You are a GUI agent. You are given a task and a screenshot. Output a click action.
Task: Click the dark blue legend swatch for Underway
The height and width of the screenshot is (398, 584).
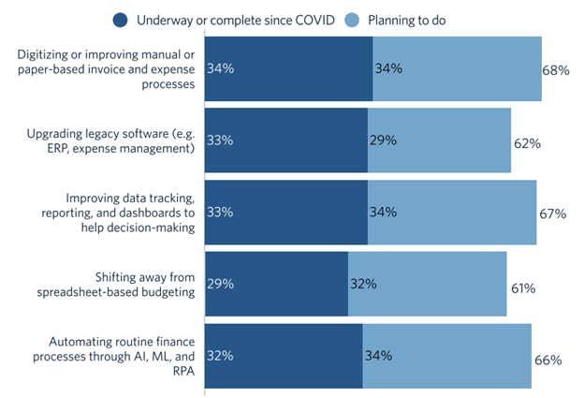[x=121, y=20]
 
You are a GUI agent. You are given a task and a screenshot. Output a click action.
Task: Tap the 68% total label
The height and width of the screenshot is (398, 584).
[x=556, y=70]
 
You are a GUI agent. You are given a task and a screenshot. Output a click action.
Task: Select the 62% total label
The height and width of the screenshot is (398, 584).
[x=527, y=143]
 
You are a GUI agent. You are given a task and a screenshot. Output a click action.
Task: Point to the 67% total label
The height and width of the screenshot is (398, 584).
[x=552, y=214]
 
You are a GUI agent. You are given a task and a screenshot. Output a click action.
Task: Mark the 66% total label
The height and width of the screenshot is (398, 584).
[x=547, y=360]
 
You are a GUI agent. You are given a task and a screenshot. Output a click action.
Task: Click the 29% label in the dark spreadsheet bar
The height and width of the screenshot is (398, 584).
[x=219, y=284]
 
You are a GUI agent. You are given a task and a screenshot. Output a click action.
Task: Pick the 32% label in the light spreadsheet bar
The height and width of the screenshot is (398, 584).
[x=362, y=284]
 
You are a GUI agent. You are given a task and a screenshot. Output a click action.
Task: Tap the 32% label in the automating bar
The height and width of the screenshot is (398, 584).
[x=219, y=356]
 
